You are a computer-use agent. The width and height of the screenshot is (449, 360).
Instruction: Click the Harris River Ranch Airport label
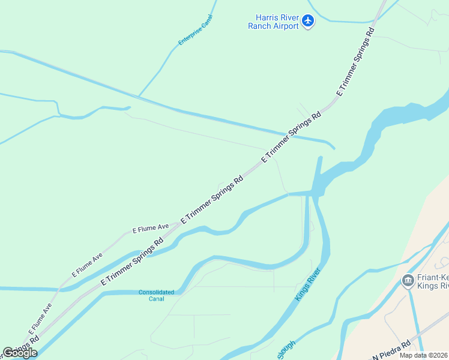click(274, 22)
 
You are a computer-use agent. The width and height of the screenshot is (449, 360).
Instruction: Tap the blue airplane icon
click(308, 22)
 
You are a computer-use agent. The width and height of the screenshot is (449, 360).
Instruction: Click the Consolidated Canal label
click(156, 295)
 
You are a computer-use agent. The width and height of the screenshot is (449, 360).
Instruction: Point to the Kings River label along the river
click(308, 284)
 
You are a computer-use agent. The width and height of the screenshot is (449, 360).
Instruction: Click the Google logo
click(19, 353)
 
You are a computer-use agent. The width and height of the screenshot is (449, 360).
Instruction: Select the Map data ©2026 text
click(423, 355)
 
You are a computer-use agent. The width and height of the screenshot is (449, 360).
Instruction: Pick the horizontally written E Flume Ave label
click(151, 229)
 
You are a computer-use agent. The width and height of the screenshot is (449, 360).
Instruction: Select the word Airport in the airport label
click(286, 26)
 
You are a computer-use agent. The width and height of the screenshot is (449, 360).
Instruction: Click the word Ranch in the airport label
click(261, 26)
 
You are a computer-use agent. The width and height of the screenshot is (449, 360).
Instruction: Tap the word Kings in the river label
click(304, 291)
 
